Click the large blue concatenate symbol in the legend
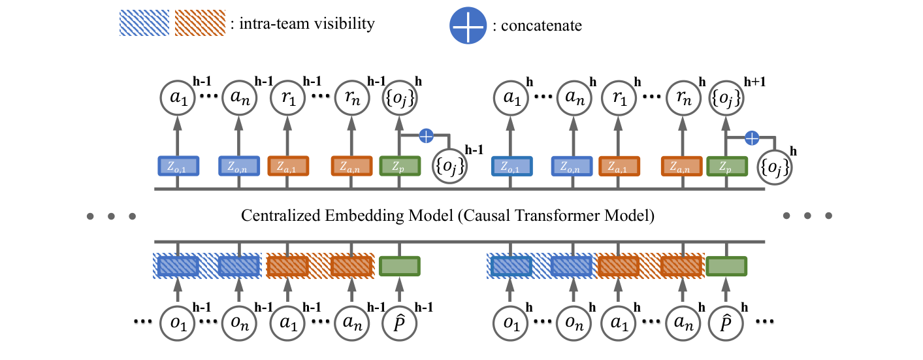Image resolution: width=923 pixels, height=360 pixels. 468,26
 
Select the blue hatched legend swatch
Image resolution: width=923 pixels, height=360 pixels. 144,24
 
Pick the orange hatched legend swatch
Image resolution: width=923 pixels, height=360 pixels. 201,24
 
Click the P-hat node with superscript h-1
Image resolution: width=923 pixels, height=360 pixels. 398,322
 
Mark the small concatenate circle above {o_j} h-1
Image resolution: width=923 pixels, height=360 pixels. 425,137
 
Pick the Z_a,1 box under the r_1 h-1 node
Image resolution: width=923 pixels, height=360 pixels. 287,166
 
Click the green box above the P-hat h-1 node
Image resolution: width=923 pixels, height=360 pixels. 398,266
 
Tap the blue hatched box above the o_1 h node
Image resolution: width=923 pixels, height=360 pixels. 510,266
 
